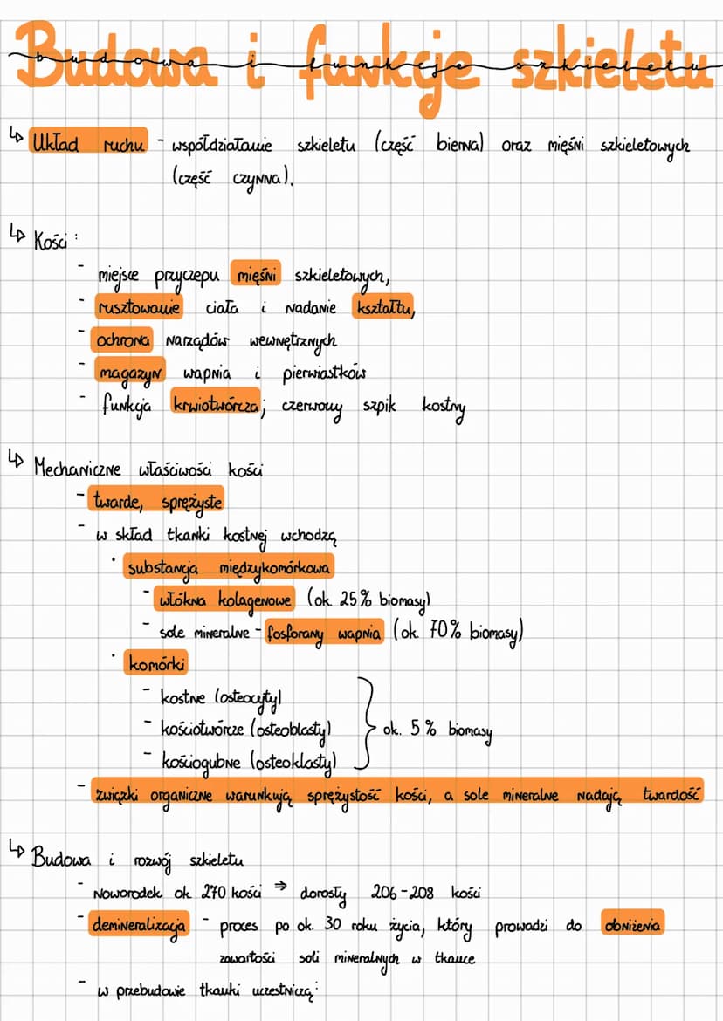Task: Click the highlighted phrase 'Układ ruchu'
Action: point(88,141)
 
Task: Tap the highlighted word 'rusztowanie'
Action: point(139,306)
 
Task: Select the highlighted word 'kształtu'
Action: point(383,306)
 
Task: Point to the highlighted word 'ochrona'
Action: point(124,339)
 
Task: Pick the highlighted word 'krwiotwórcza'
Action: point(216,404)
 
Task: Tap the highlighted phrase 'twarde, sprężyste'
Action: point(156,502)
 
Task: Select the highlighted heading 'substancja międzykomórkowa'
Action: point(229,566)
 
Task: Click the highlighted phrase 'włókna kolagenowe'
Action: point(224,599)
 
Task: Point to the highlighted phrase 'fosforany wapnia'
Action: point(324,632)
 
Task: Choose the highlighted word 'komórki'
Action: point(156,663)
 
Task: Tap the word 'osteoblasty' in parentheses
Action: point(291,730)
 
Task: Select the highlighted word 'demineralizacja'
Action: point(140,925)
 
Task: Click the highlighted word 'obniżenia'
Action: point(632,923)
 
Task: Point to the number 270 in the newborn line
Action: point(213,892)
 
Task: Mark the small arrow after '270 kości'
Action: point(281,887)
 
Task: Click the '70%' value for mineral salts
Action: point(445,630)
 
